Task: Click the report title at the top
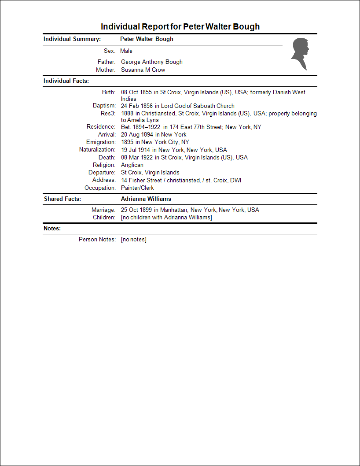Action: coord(180,26)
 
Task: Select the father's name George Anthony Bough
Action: coord(151,62)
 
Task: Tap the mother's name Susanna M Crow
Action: coord(143,70)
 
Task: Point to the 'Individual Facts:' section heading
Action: coord(66,81)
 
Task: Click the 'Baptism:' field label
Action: coord(104,106)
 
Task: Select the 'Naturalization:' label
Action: coord(97,150)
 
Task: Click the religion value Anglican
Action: coord(132,165)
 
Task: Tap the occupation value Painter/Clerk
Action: coord(137,188)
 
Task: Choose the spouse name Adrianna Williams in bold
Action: coord(146,199)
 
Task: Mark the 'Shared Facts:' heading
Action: coord(62,199)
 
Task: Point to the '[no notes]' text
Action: coord(133,240)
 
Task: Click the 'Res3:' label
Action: coord(108,114)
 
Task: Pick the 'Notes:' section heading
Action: coord(52,229)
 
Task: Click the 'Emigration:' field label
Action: coord(101,142)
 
